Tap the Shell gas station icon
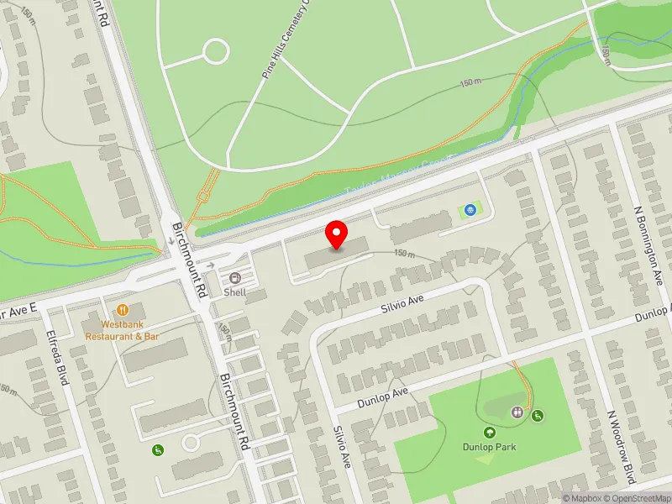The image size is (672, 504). [x=234, y=278]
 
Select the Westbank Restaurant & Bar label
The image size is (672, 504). [x=123, y=329]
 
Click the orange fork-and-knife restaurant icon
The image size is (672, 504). [x=123, y=309]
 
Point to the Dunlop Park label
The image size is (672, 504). [x=488, y=447]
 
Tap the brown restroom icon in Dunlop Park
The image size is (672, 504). [x=517, y=412]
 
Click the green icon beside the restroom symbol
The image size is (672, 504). [x=537, y=415]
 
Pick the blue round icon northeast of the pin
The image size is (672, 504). [x=470, y=210]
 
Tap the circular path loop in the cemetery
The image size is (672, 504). [x=216, y=51]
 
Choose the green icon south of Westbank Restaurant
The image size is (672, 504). [x=157, y=451]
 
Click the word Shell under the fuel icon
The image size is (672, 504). [x=234, y=293]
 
